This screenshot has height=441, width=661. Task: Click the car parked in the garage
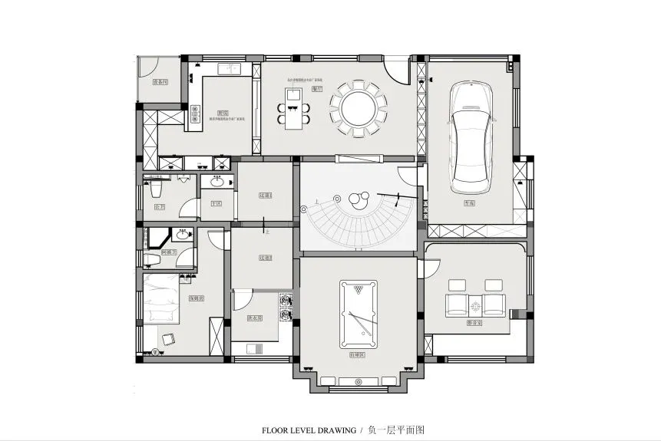tap(471, 138)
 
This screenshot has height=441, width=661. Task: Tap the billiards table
tap(358, 314)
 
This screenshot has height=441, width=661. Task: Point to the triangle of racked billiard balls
tap(358, 291)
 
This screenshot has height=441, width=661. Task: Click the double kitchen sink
tap(230, 69)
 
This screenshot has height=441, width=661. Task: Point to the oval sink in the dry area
tap(216, 183)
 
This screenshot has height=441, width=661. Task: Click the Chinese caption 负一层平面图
tap(396, 430)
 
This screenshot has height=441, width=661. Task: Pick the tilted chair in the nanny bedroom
tap(167, 338)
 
